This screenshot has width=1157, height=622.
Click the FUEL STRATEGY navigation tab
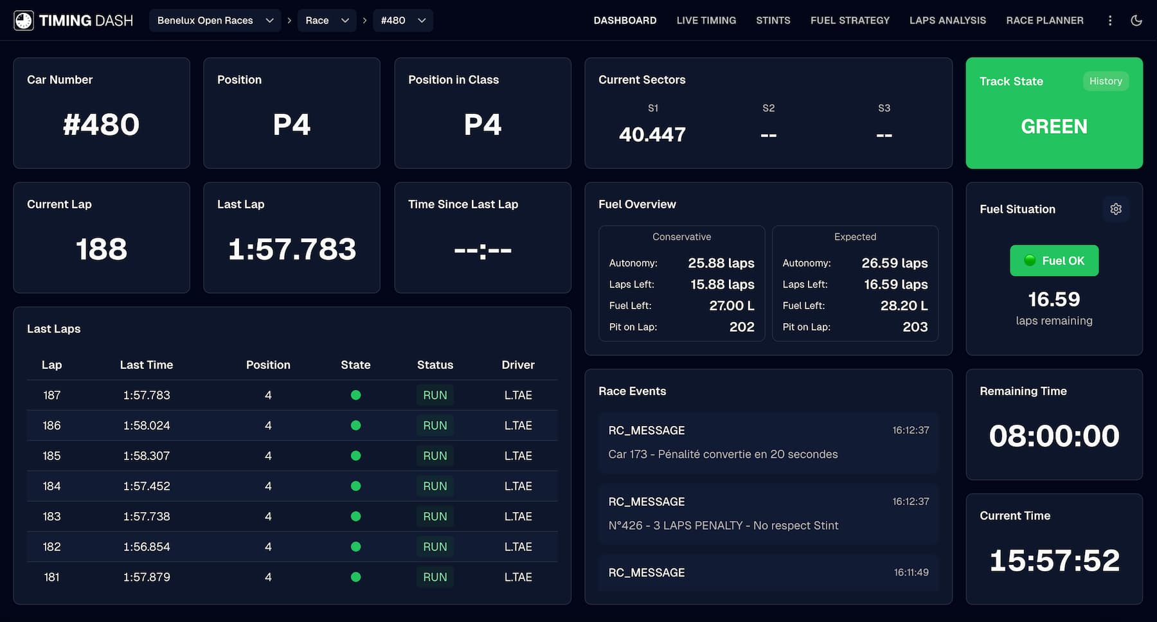tap(850, 21)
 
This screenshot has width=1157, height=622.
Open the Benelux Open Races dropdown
tap(215, 21)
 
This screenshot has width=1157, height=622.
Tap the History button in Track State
tap(1105, 81)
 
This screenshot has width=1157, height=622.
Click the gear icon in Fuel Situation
tap(1115, 209)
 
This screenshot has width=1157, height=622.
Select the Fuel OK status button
tap(1054, 261)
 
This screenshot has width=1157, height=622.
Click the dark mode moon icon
tap(1136, 21)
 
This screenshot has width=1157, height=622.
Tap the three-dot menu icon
tap(1109, 21)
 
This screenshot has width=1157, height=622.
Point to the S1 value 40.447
tap(652, 134)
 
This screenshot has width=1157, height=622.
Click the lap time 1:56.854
tap(147, 547)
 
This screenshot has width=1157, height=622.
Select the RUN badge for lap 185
tap(435, 456)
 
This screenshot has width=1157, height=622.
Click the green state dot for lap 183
tap(355, 517)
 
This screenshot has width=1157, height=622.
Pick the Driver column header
tap(517, 365)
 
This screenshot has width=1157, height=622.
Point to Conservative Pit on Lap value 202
tap(741, 327)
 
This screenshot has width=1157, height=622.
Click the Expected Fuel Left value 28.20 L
tap(903, 306)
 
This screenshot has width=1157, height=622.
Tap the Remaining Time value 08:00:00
tap(1054, 436)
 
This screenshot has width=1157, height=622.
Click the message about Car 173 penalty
tap(722, 454)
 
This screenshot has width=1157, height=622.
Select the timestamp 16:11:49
tap(911, 573)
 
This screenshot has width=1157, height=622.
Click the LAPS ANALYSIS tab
tap(947, 21)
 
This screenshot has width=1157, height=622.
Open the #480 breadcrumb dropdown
tap(402, 21)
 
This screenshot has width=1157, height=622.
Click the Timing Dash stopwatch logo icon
tap(24, 21)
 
